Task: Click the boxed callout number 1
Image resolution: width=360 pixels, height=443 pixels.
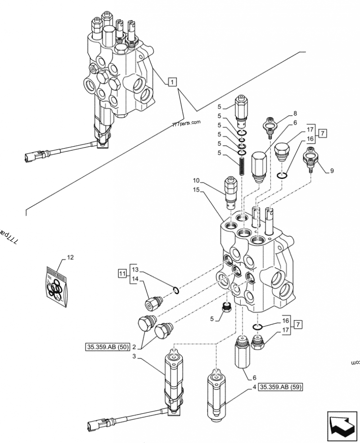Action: coord(171,82)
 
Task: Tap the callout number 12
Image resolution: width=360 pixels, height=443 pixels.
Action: coord(70,258)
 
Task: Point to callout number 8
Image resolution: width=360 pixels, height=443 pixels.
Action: coord(295,113)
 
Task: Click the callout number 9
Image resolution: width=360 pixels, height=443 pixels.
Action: coord(332,170)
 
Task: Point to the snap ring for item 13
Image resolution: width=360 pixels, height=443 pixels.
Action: coord(176,290)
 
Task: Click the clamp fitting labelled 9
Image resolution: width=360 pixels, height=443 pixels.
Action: coord(311,158)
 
